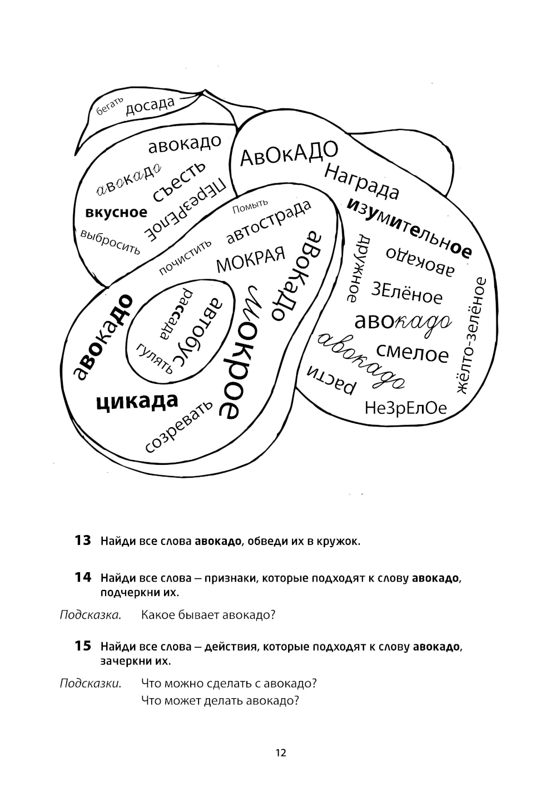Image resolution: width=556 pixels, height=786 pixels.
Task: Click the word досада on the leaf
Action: tap(150, 105)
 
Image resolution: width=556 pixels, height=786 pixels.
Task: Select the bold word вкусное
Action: tap(117, 212)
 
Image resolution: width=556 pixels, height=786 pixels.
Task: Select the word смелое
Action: tap(413, 352)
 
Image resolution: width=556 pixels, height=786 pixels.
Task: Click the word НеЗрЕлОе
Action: tap(406, 409)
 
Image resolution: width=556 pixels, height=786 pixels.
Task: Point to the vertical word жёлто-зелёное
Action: tap(470, 336)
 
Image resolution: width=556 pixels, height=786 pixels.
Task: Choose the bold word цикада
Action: tap(137, 401)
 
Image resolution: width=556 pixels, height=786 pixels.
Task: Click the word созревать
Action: tap(178, 425)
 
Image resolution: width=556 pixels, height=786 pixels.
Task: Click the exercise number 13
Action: tap(83, 540)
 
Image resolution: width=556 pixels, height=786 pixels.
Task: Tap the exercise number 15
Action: tap(83, 646)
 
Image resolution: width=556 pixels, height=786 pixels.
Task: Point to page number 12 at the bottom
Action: tap(280, 753)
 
